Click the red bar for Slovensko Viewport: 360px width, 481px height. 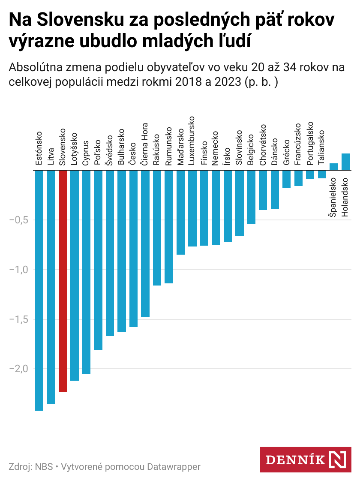(x=63, y=281)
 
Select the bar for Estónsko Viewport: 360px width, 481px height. (x=39, y=290)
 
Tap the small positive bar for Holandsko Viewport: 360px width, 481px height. (x=346, y=162)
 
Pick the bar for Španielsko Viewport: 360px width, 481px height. (x=334, y=167)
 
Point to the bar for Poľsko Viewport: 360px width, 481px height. (x=98, y=260)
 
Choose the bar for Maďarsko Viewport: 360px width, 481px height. (x=181, y=212)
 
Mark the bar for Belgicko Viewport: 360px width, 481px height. (x=252, y=197)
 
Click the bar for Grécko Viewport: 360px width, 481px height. (x=287, y=179)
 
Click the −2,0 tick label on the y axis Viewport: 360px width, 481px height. (x=18, y=369)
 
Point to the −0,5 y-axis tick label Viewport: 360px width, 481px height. (x=18, y=220)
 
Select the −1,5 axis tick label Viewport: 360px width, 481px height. (x=18, y=319)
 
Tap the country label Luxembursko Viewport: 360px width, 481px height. (x=192, y=141)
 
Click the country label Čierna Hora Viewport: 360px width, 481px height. (x=145, y=145)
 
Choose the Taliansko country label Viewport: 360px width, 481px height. (x=322, y=148)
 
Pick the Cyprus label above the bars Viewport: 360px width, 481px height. (x=86, y=153)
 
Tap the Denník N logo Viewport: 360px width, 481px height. (x=305, y=460)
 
